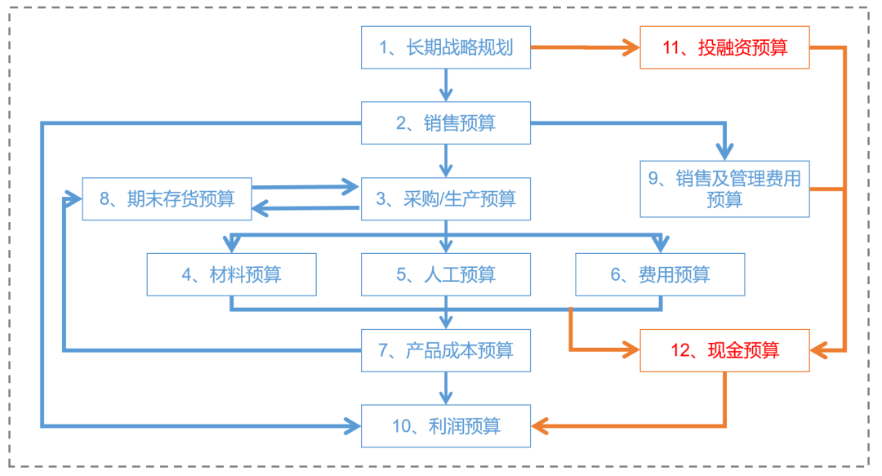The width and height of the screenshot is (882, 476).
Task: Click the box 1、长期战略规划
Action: coord(446,47)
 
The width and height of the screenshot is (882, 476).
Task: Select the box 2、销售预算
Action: coord(446,123)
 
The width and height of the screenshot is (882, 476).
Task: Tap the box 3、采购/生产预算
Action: coord(446,198)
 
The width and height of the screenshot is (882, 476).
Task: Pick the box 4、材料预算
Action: coord(231,274)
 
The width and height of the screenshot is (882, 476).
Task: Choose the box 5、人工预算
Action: coord(446,274)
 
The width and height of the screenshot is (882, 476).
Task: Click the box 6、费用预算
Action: coord(660,274)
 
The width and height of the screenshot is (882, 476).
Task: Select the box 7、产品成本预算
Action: coord(446,350)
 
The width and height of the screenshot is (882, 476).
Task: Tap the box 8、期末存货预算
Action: coord(167,198)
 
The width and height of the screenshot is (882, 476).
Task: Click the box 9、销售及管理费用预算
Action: coord(724,189)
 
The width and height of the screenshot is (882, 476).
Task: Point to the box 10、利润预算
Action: coord(446,425)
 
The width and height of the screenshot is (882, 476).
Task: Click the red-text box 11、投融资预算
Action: coord(724,47)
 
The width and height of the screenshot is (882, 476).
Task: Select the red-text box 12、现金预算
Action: coord(724,350)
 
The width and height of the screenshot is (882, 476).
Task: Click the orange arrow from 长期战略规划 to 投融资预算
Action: coord(584,47)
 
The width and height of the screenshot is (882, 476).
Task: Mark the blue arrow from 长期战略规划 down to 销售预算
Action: coord(446,84)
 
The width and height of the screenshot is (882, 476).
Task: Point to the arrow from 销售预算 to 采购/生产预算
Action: coord(446,161)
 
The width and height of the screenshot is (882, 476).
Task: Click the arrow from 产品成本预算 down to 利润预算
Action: coord(446,388)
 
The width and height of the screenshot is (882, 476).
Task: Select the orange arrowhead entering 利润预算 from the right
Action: coord(541,425)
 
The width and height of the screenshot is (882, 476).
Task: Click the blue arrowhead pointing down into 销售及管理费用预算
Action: coord(724,152)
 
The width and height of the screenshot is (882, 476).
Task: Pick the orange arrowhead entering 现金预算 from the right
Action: coord(818,350)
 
